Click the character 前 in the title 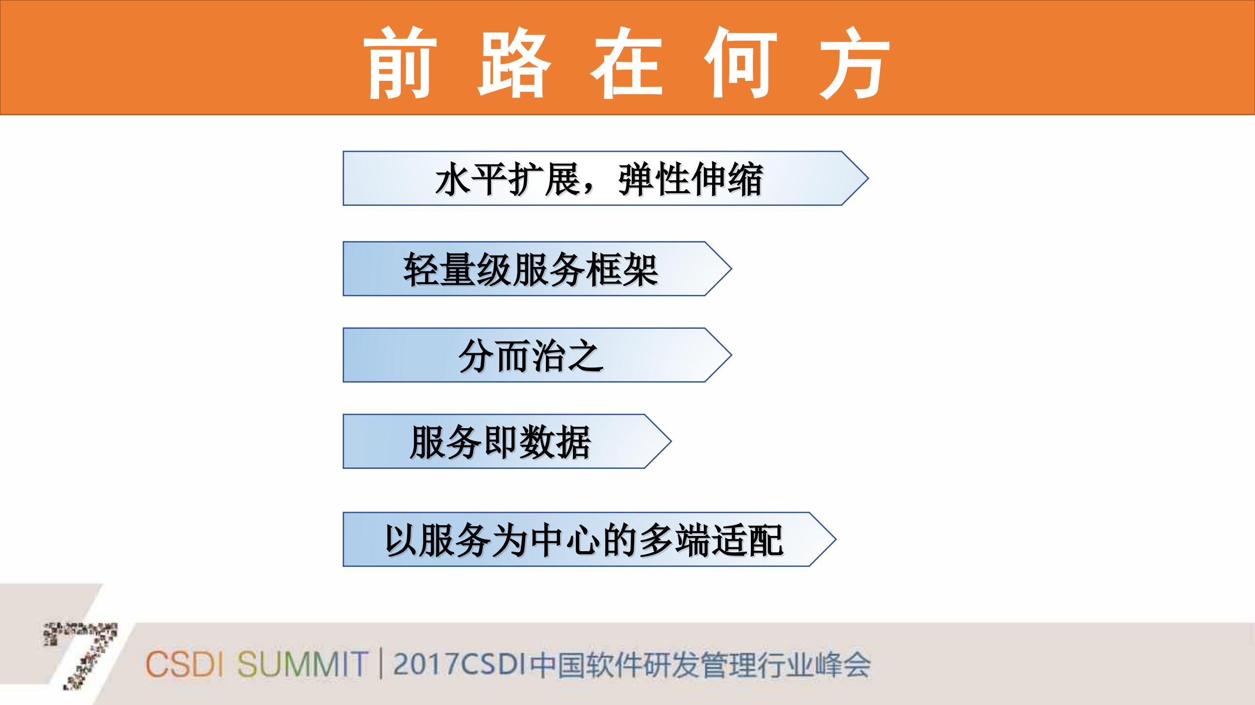coord(400,63)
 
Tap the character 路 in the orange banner coord(514,63)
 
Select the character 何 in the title coord(741,63)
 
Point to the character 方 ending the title coord(854,63)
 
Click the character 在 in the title coord(627,63)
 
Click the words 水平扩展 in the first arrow coord(508,179)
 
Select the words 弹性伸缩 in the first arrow coord(691,179)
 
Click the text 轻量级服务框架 coord(531,269)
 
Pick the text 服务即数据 coord(500,442)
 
